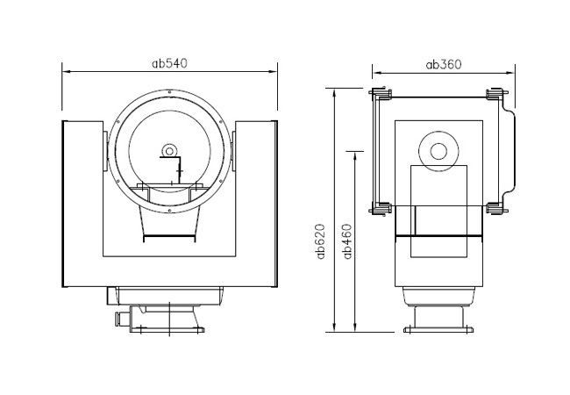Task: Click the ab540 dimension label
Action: [x=169, y=63]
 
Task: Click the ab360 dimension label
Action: [x=444, y=64]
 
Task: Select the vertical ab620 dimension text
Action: [x=321, y=241]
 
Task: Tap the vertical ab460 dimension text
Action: [x=348, y=241]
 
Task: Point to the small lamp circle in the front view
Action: [x=168, y=150]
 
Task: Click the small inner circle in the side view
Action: [x=438, y=151]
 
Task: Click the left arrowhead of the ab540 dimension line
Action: [x=67, y=72]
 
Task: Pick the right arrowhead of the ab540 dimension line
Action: [x=273, y=72]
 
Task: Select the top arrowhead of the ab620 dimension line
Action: [x=335, y=93]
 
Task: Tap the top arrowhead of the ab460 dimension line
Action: [x=355, y=156]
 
